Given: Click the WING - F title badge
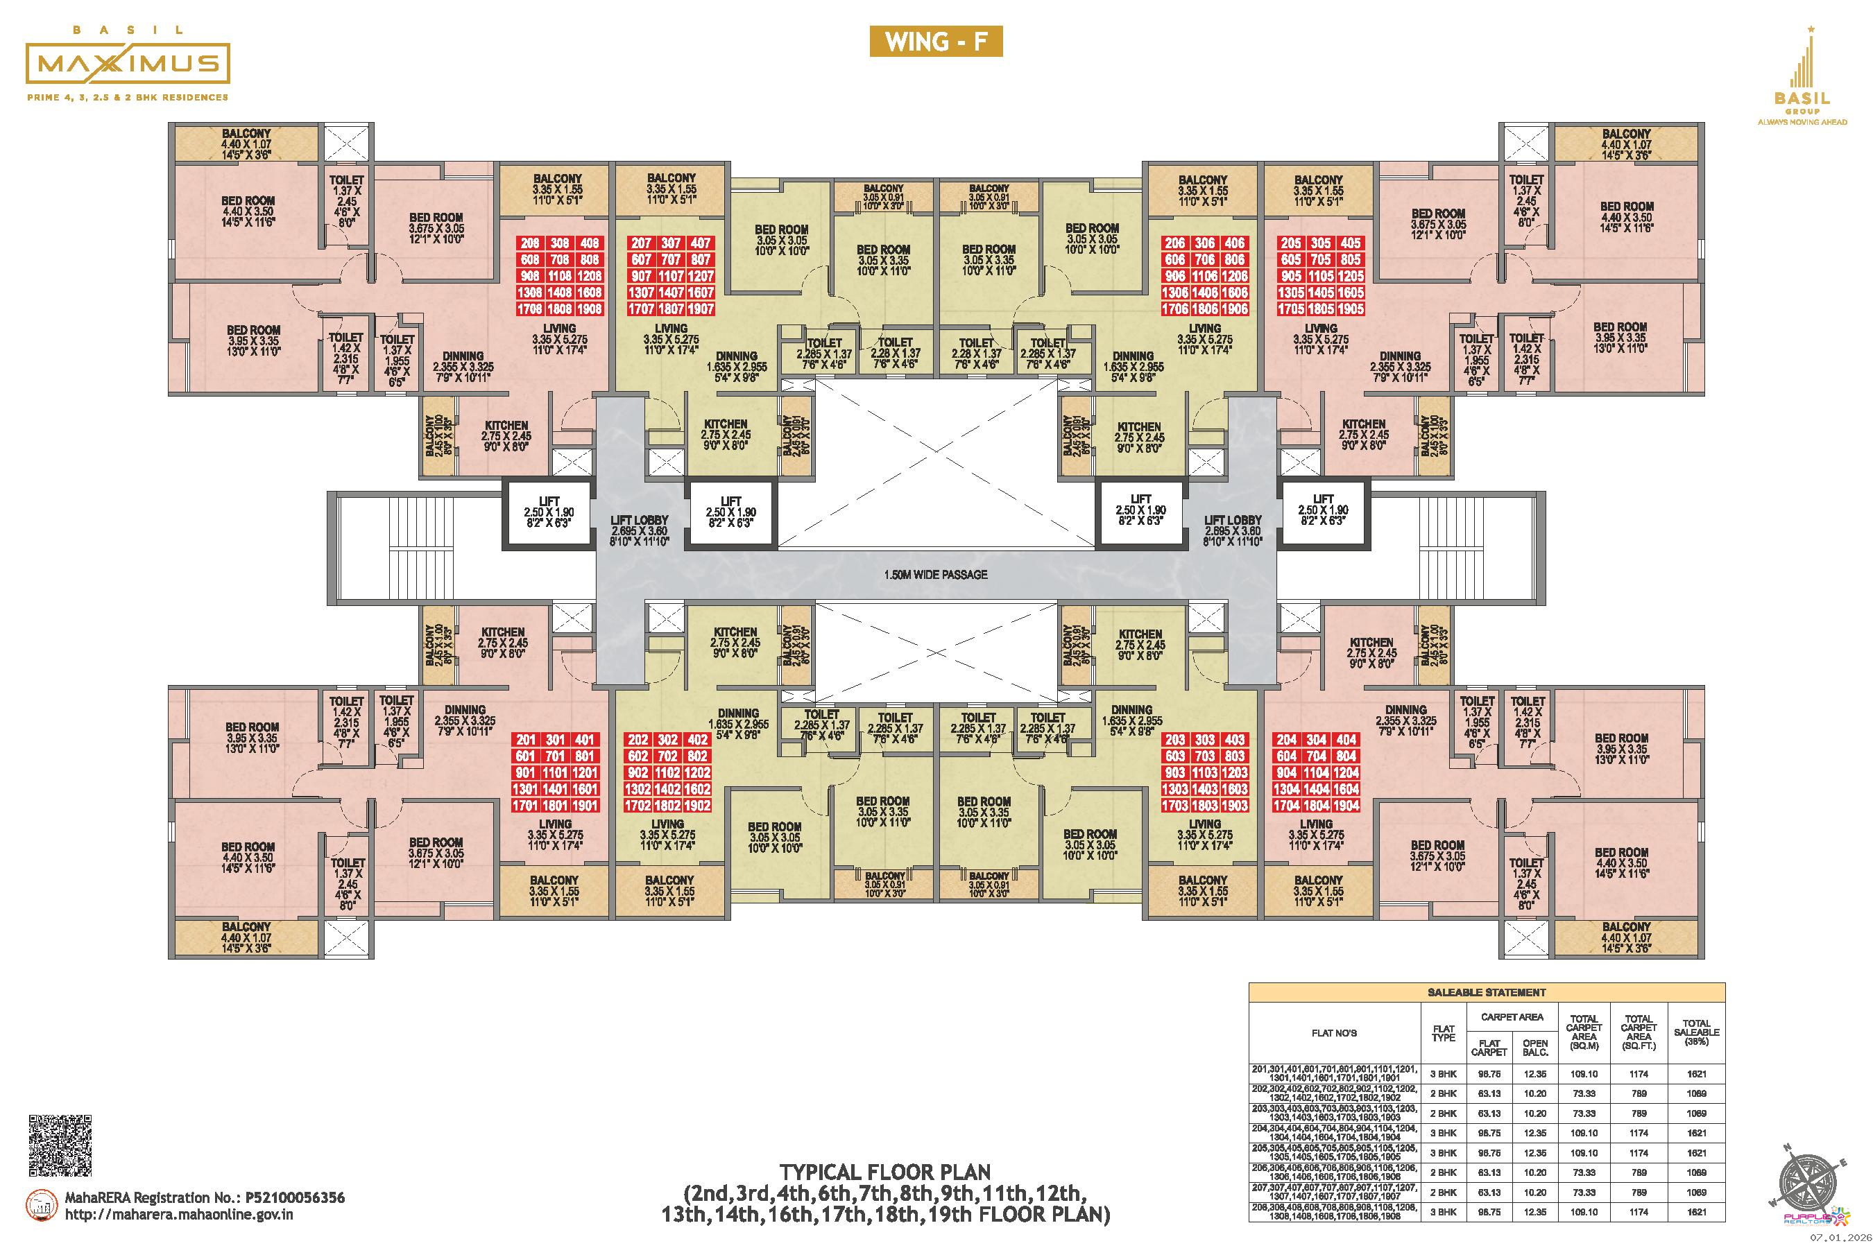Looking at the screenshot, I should [936, 42].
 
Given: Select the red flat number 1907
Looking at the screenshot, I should [701, 309].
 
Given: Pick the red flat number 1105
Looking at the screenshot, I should [1320, 276].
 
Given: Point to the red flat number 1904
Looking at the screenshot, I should [1346, 806].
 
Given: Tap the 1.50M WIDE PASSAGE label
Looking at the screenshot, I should [935, 574].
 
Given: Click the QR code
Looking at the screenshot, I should [60, 1144].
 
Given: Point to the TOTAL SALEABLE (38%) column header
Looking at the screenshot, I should [1696, 1032].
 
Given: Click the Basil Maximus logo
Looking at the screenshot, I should [128, 64].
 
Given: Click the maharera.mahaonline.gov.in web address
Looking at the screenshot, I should [179, 1215].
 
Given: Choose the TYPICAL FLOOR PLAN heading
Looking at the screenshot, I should [884, 1172].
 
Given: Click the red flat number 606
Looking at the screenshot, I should [1174, 259].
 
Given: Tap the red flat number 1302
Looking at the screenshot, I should [639, 790].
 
